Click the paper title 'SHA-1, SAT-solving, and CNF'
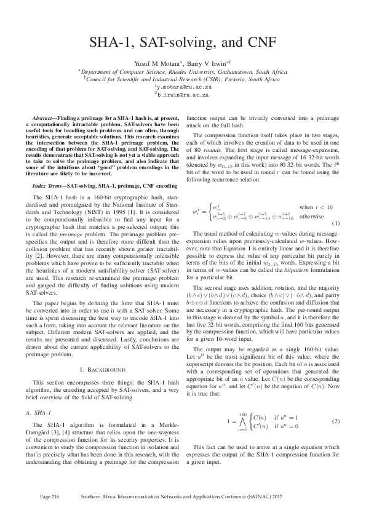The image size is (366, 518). (183, 42)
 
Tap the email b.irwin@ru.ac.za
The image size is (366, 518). (183, 96)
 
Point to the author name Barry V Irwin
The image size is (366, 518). (207, 63)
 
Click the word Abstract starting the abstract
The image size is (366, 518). (46, 117)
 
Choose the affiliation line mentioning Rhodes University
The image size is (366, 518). (183, 71)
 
